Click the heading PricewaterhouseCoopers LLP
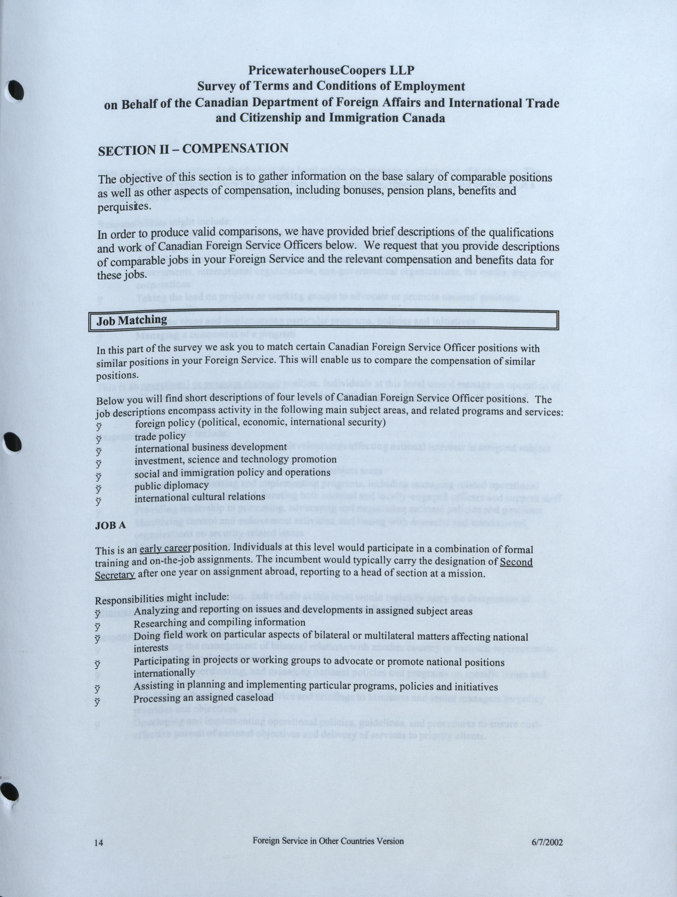[x=331, y=70]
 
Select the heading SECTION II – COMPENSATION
[x=193, y=149]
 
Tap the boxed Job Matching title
[x=132, y=320]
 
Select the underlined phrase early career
[x=165, y=549]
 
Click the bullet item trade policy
[x=160, y=436]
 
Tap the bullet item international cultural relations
[x=200, y=497]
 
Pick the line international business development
[x=211, y=448]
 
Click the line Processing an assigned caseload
[x=203, y=698]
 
